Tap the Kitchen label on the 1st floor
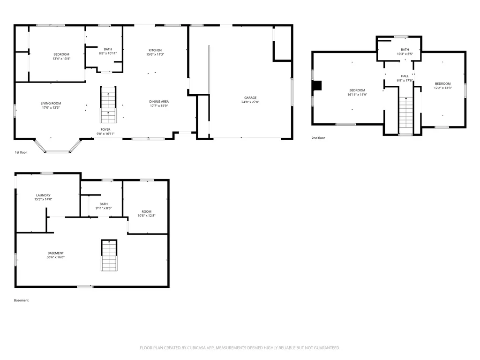click(155, 50)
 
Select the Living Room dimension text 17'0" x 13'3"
click(50, 108)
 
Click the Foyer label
click(105, 129)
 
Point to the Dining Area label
click(159, 101)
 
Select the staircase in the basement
click(109, 255)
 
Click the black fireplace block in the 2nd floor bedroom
click(318, 85)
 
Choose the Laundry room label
click(43, 195)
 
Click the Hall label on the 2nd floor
click(405, 76)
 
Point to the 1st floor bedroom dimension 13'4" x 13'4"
click(61, 59)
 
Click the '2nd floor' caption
click(318, 138)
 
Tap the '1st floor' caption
click(21, 152)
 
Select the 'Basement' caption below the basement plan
click(21, 300)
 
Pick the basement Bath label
click(104, 204)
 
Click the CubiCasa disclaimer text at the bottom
click(240, 348)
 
